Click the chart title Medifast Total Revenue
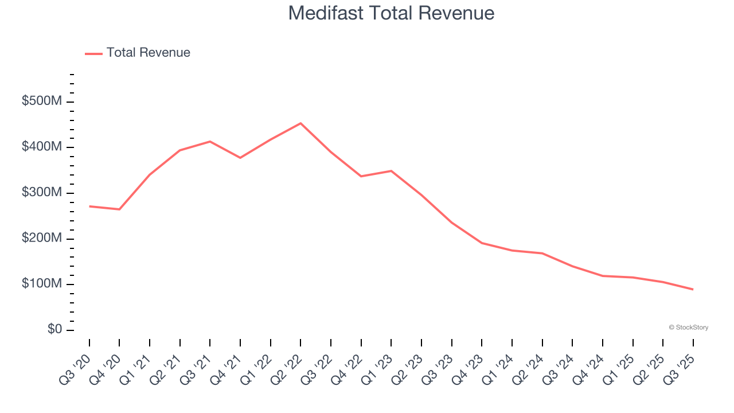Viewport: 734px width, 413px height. pyautogui.click(x=391, y=13)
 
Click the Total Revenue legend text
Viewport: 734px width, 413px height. pyautogui.click(x=148, y=53)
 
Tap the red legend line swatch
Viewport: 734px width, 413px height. pyautogui.click(x=93, y=53)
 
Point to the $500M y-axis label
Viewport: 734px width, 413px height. pyautogui.click(x=41, y=102)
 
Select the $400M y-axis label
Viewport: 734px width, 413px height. pyautogui.click(x=41, y=147)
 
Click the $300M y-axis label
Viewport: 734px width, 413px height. pyautogui.click(x=41, y=193)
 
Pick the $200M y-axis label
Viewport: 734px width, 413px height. pyautogui.click(x=41, y=239)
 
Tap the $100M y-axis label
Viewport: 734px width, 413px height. pyautogui.click(x=41, y=284)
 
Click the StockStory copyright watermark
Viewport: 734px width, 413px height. pyautogui.click(x=688, y=328)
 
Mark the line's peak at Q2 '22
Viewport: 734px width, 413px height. pyautogui.click(x=300, y=123)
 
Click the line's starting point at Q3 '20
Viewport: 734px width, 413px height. pyautogui.click(x=89, y=206)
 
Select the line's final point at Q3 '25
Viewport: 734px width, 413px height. pyautogui.click(x=693, y=289)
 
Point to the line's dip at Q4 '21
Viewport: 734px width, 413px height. pyautogui.click(x=240, y=158)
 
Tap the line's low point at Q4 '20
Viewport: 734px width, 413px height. pyautogui.click(x=119, y=209)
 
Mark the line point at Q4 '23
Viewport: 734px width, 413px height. pyautogui.click(x=482, y=243)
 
